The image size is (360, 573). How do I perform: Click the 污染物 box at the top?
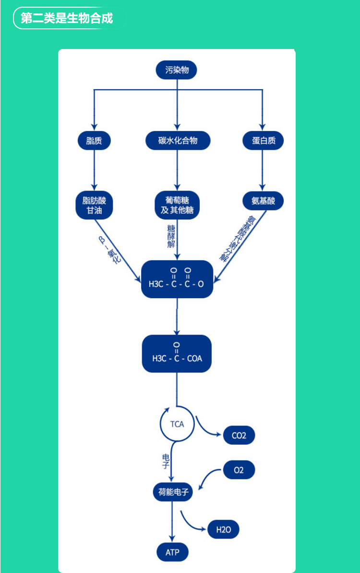pos(177,71)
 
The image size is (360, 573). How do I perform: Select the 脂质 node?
pos(94,141)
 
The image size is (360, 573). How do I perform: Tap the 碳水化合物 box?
pos(178,141)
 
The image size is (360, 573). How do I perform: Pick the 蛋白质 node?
pos(263,141)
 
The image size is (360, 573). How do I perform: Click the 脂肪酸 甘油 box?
pos(94,206)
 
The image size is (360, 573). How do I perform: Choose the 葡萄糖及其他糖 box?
pos(177,206)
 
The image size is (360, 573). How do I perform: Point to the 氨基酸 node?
pos(263,201)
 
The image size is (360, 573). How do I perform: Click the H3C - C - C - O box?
pos(177,279)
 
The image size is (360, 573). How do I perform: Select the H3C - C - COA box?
pos(177,354)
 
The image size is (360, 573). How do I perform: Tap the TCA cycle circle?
pos(177,424)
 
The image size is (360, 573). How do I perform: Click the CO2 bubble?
pos(239,436)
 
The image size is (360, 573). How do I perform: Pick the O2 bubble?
pos(239,470)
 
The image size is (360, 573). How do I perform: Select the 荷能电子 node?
pos(172,492)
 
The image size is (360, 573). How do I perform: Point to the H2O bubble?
pos(223,530)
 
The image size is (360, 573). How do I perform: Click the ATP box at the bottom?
pos(172,552)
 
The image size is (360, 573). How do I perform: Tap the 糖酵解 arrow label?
pos(171,236)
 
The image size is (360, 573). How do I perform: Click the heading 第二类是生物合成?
pos(67,18)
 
